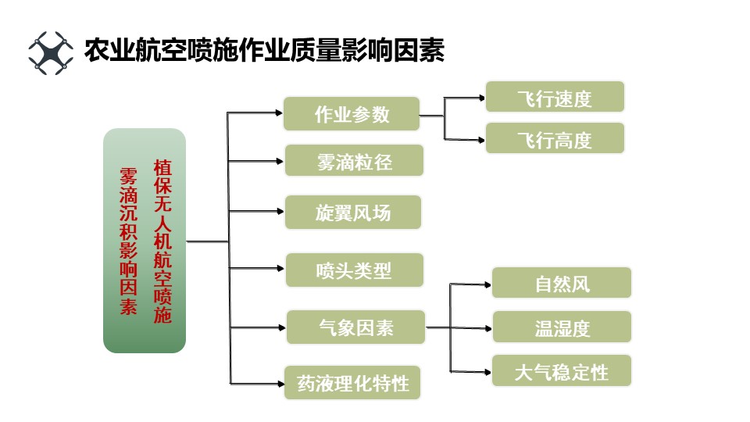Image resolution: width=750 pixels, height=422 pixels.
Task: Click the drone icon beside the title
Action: [x=51, y=52]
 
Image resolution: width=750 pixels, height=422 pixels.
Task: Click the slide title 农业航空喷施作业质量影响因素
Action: [x=264, y=52]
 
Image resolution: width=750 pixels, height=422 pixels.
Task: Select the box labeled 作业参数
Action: [x=352, y=114]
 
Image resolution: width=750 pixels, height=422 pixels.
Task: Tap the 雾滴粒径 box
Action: [x=354, y=161]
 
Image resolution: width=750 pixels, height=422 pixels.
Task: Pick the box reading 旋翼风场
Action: [x=353, y=213]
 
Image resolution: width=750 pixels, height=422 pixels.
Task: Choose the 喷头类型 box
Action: [x=354, y=270]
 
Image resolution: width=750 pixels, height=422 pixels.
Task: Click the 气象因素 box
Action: [x=355, y=327]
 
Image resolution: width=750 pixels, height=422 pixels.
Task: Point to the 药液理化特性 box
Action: [x=352, y=383]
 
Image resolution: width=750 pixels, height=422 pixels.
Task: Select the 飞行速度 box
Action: [x=555, y=98]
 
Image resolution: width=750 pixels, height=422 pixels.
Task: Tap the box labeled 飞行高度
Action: [x=555, y=139]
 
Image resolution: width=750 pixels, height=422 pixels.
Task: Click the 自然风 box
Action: [x=561, y=283]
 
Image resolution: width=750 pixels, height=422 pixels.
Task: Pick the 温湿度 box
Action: [x=561, y=327]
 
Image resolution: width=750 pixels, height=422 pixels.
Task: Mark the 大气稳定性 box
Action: [x=561, y=370]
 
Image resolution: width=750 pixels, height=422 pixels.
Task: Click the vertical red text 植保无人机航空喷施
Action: [x=162, y=242]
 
